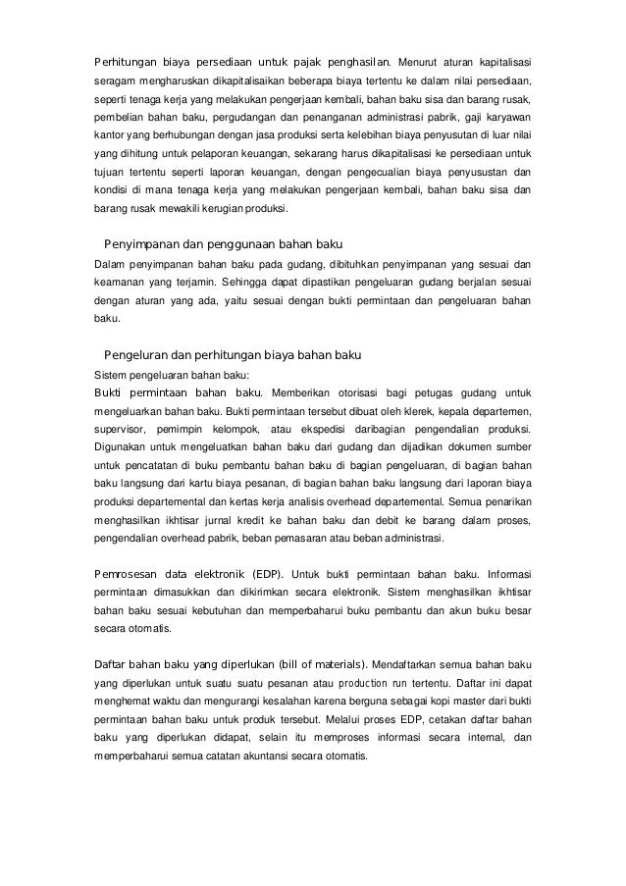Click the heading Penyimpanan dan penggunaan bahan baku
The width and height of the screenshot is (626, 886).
click(x=222, y=243)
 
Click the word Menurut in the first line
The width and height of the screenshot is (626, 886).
click(x=420, y=40)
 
